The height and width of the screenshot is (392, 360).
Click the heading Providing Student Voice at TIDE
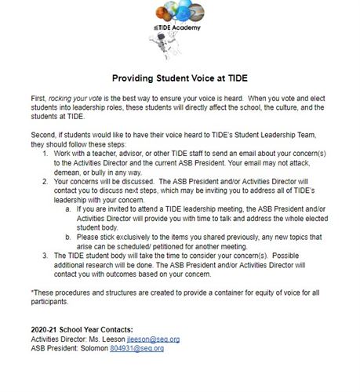pyautogui.click(x=180, y=78)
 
